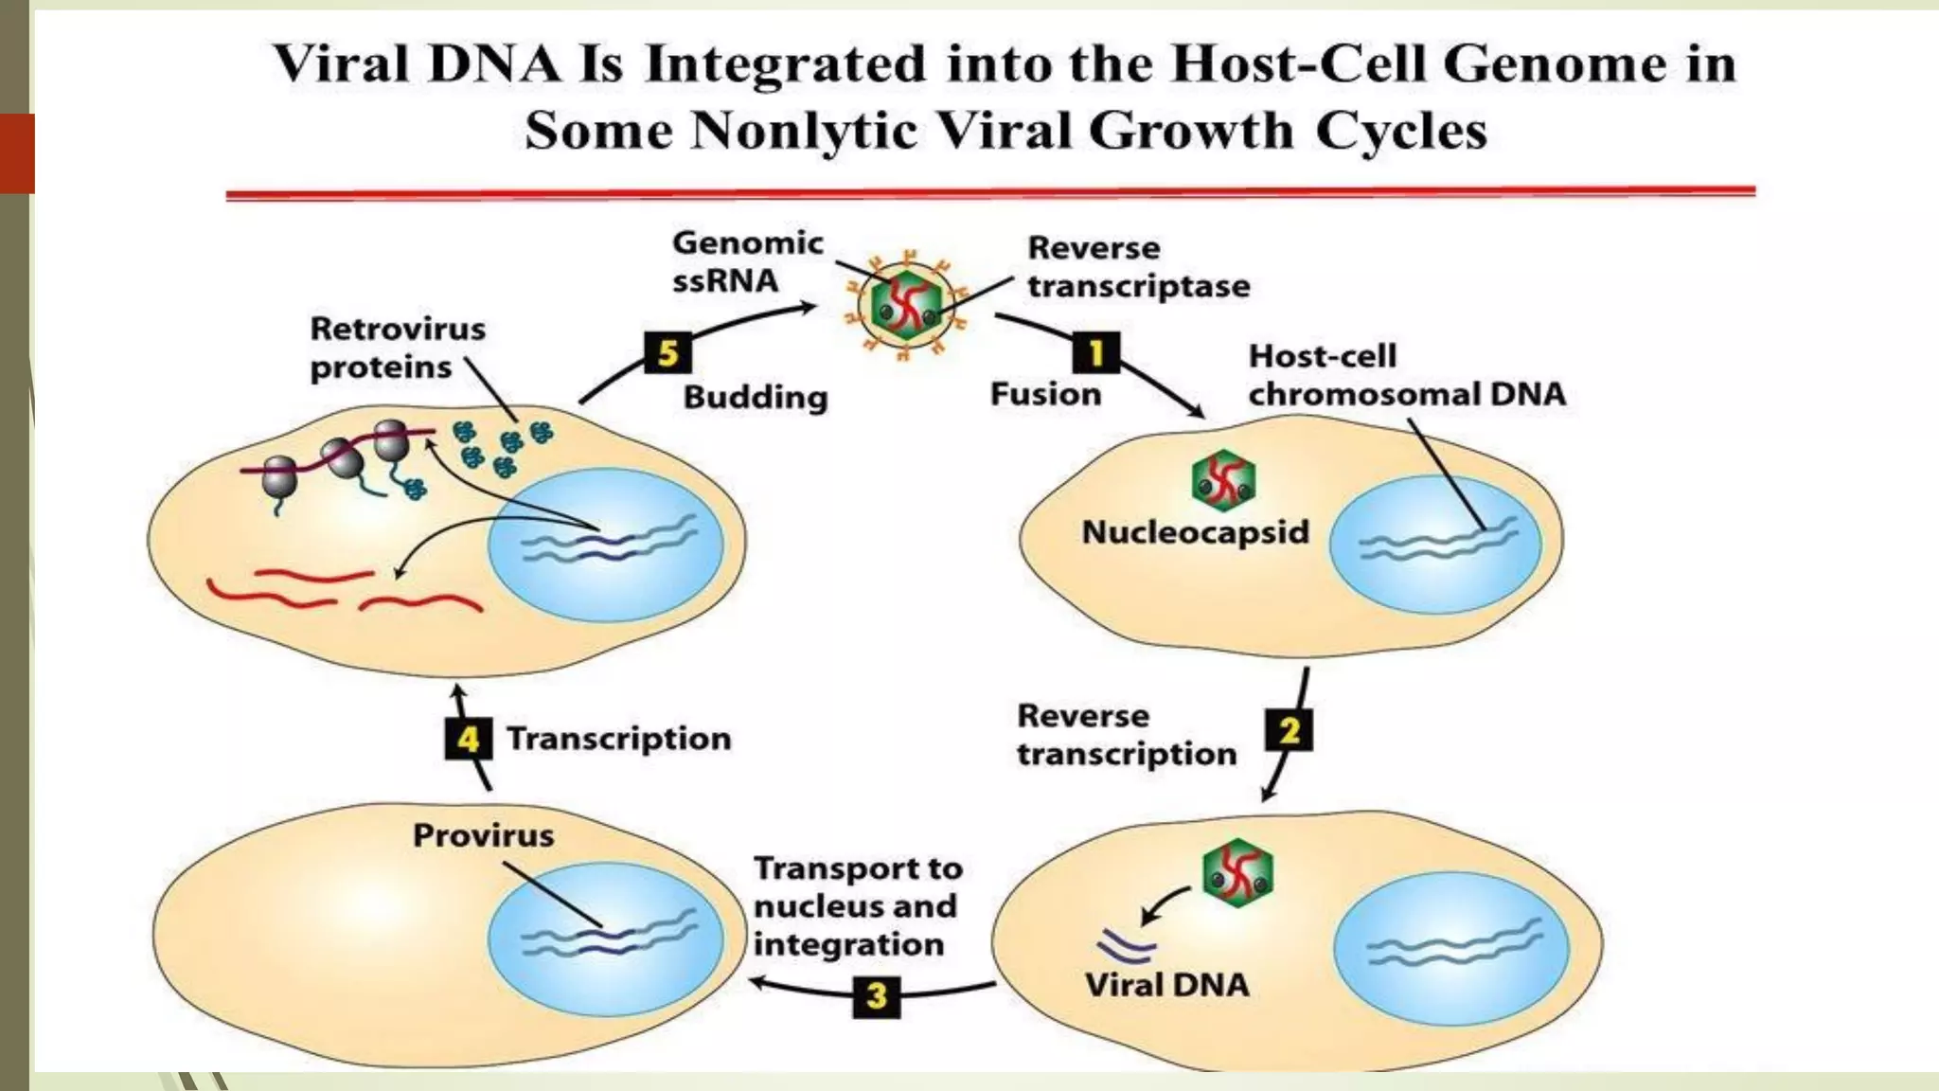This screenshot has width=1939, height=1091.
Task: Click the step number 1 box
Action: [1095, 353]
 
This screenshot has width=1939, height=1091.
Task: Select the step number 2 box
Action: [1289, 731]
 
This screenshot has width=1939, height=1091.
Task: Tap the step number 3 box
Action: [876, 996]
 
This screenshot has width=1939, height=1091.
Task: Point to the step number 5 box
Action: [667, 353]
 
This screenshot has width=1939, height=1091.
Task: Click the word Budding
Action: [756, 397]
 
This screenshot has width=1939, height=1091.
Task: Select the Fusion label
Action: [1045, 394]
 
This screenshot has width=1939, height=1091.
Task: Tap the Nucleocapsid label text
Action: [1195, 532]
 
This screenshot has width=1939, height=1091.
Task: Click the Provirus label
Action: [483, 835]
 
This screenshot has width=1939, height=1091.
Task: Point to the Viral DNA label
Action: [1166, 985]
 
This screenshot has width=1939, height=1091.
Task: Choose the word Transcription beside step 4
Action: [618, 739]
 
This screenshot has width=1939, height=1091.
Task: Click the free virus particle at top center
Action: [907, 306]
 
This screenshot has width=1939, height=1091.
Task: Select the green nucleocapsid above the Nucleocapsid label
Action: [1223, 480]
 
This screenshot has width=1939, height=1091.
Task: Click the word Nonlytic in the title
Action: [804, 131]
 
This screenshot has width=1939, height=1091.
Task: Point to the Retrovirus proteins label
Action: [397, 348]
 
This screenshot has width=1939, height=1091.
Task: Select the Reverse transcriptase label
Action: [1138, 267]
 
